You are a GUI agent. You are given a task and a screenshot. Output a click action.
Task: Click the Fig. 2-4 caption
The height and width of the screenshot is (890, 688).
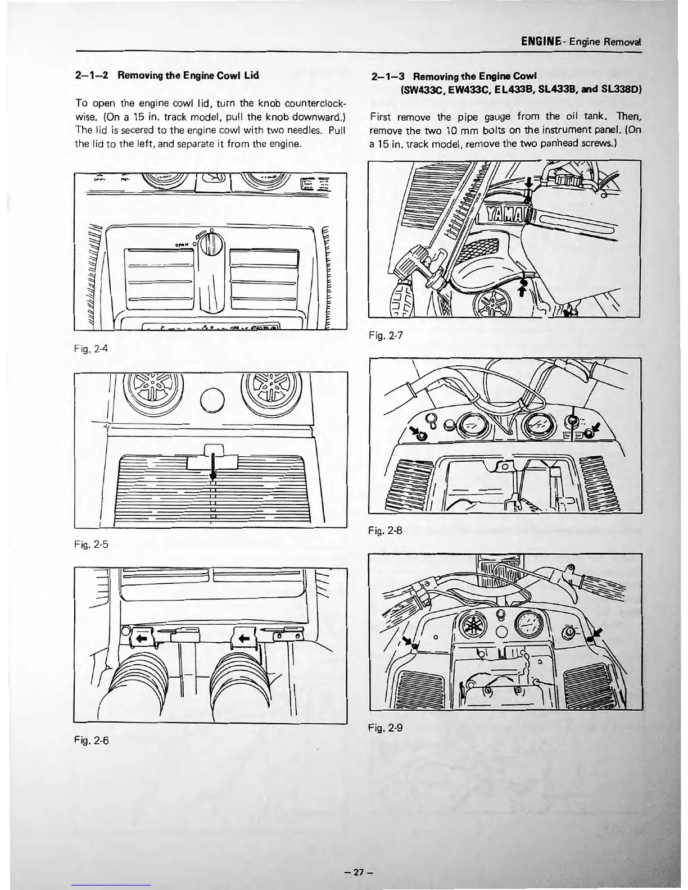coord(90,348)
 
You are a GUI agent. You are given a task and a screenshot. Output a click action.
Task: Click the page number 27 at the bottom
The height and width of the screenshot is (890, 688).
coord(360,873)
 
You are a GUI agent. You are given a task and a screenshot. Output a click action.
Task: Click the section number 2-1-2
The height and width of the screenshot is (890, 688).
coord(93,75)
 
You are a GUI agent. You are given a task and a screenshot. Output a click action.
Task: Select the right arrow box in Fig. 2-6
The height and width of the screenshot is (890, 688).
coord(245,637)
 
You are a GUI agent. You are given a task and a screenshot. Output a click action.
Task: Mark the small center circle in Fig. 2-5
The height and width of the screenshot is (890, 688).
coord(212,402)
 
